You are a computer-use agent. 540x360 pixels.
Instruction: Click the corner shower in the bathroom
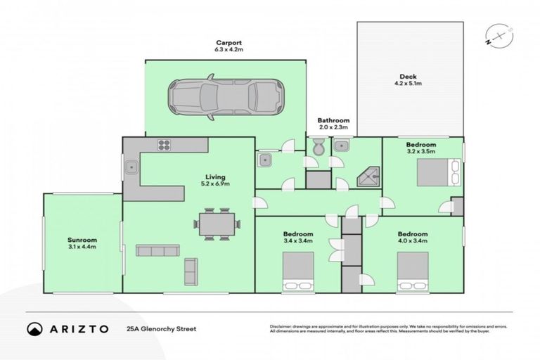367,178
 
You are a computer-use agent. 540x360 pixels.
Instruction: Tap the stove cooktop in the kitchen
165,146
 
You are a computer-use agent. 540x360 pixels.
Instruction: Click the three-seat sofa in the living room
157,251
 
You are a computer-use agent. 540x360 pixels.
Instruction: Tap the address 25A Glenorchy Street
161,328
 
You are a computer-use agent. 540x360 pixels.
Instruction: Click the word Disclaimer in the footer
282,326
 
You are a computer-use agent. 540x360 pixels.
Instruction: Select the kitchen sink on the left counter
131,168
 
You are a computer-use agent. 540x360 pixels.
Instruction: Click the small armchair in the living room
191,271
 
